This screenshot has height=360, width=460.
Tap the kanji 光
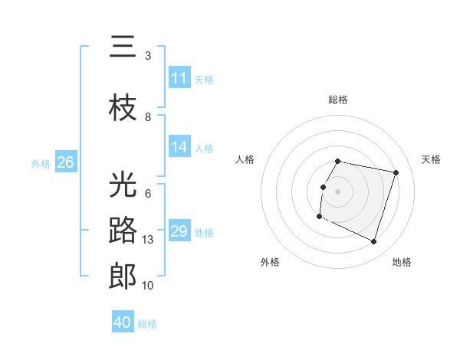pos(123,184)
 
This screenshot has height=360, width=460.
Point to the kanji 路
pos(123,231)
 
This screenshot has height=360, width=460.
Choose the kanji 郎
pos(123,277)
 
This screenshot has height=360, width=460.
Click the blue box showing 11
pos(179,77)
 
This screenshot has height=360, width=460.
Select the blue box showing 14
pos(179,147)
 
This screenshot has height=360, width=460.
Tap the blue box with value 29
pos(179,231)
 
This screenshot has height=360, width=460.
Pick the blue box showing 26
pos(65,162)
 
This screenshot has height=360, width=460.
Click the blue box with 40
pos(123,322)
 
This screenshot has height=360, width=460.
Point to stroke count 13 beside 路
pos(149,240)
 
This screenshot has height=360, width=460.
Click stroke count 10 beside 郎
pos(149,286)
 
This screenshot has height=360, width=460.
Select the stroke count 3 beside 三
pos(148,56)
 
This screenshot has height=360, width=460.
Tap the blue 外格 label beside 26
pos(41,163)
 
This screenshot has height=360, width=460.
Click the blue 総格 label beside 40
pos(147,324)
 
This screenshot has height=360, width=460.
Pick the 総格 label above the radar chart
pos(337,100)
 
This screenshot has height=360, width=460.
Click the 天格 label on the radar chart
pos(431,159)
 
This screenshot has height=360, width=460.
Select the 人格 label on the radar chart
pos(245,159)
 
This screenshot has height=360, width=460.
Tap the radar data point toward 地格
pos(374,242)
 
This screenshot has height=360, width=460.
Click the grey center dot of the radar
pos(337,191)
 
